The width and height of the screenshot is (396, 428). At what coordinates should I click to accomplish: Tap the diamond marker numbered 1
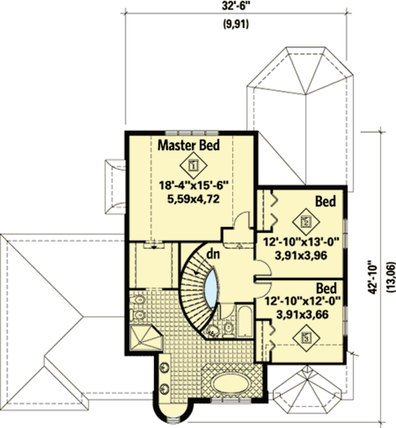coord(194,164)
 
